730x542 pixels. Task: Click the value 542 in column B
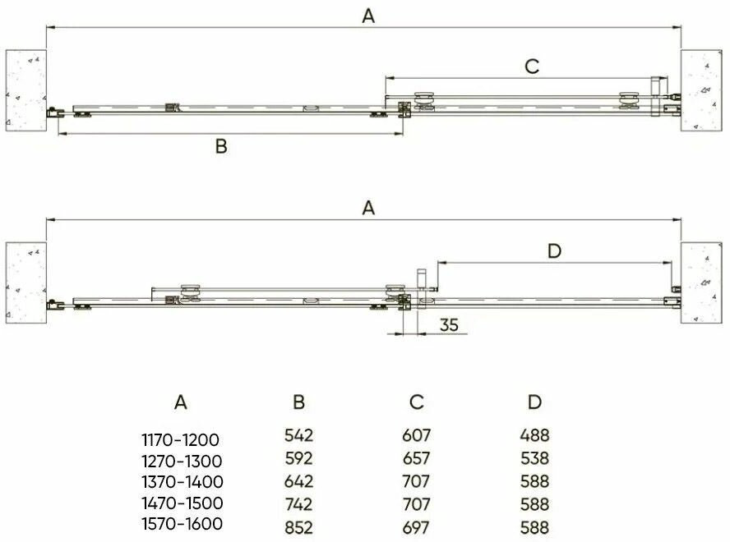tap(298, 435)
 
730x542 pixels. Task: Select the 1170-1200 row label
tap(181, 439)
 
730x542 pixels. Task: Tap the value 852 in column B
tap(298, 527)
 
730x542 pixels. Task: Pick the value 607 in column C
tap(416, 435)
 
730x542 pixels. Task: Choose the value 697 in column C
tap(416, 527)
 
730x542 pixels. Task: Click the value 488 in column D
tap(534, 435)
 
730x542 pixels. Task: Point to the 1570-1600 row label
tap(182, 524)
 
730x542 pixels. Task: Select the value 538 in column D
tap(534, 458)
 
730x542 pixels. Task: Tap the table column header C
tap(416, 402)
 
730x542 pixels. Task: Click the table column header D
tap(534, 402)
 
